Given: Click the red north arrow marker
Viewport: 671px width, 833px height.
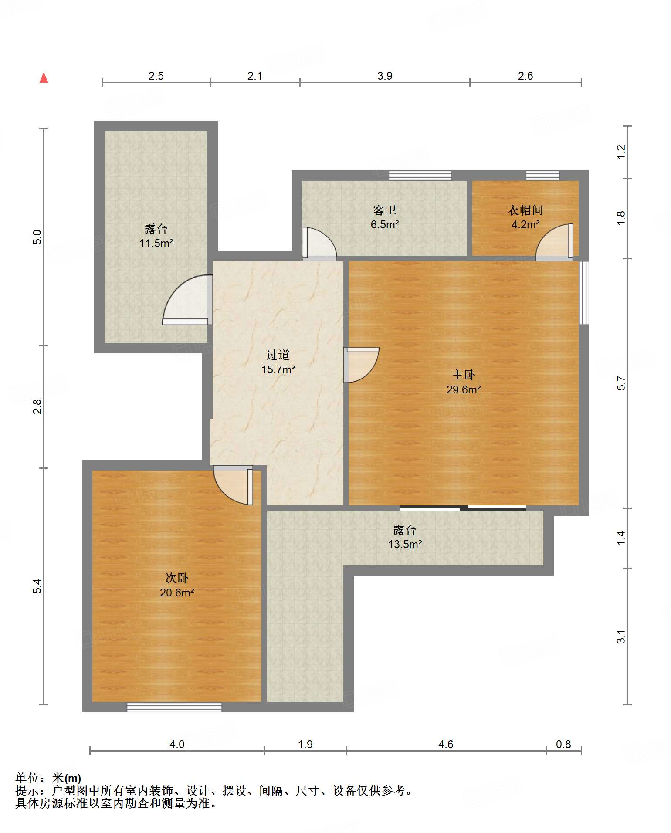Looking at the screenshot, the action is pyautogui.click(x=44, y=78).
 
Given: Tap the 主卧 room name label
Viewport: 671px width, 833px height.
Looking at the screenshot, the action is pyautogui.click(x=464, y=375).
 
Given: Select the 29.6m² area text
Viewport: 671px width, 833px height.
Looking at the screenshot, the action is pyautogui.click(x=464, y=389).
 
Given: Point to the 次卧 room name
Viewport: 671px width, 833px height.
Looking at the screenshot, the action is pyautogui.click(x=177, y=578).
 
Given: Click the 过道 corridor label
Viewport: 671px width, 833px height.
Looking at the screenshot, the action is pyautogui.click(x=278, y=355).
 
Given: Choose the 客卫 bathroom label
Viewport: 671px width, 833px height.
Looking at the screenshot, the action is pyautogui.click(x=385, y=210).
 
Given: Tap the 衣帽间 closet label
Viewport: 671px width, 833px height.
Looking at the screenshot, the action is pyautogui.click(x=525, y=210).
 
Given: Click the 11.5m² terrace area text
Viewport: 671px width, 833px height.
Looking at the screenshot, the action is pyautogui.click(x=156, y=243).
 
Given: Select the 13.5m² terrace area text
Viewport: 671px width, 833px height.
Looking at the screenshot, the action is pyautogui.click(x=405, y=544).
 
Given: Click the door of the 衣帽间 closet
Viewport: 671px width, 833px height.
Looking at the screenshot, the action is pyautogui.click(x=554, y=242).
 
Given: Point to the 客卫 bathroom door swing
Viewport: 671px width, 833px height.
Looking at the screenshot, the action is pyautogui.click(x=320, y=244).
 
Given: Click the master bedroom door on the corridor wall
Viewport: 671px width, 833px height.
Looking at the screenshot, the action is pyautogui.click(x=361, y=365).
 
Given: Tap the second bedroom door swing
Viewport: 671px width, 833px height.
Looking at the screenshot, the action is pyautogui.click(x=233, y=485).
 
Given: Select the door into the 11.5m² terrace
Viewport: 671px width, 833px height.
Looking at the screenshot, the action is pyautogui.click(x=187, y=300).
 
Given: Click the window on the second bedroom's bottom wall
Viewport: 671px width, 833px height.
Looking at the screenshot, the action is pyautogui.click(x=174, y=707).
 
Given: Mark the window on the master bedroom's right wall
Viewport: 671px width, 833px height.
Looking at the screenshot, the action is pyautogui.click(x=584, y=293).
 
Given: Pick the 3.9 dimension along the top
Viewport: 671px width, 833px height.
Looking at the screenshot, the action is pyautogui.click(x=385, y=76).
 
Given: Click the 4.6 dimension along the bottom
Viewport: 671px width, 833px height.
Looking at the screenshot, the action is pyautogui.click(x=446, y=744).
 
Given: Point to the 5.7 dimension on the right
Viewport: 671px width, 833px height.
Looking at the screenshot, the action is pyautogui.click(x=621, y=383).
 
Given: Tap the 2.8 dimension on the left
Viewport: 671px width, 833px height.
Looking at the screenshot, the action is pyautogui.click(x=37, y=406).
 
